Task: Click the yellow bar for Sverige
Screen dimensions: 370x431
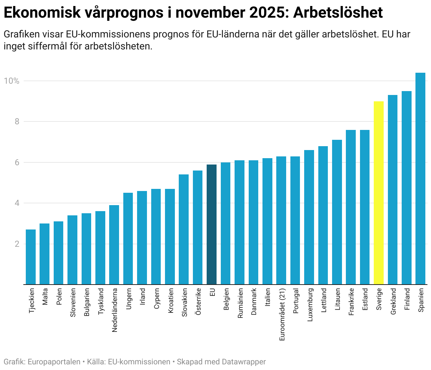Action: point(378,193)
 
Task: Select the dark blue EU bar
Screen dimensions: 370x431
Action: point(212,224)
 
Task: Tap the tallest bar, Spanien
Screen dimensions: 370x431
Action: point(420,178)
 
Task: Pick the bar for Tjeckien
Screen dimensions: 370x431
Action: point(31,257)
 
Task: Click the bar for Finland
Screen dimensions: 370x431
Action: point(406,187)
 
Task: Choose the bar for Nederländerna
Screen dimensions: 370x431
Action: point(114,245)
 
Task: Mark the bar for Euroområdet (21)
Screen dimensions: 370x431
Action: point(281,220)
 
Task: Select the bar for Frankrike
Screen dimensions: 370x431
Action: point(351,207)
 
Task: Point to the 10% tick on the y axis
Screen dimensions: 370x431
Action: point(11,81)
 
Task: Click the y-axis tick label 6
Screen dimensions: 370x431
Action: point(16,162)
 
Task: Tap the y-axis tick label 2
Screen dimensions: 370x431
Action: point(16,244)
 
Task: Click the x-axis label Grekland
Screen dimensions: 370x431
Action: point(393,301)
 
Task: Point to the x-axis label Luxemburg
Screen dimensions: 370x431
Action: point(310,305)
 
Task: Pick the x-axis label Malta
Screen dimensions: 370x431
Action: point(45,296)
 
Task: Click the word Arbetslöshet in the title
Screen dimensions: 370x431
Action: point(338,13)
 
